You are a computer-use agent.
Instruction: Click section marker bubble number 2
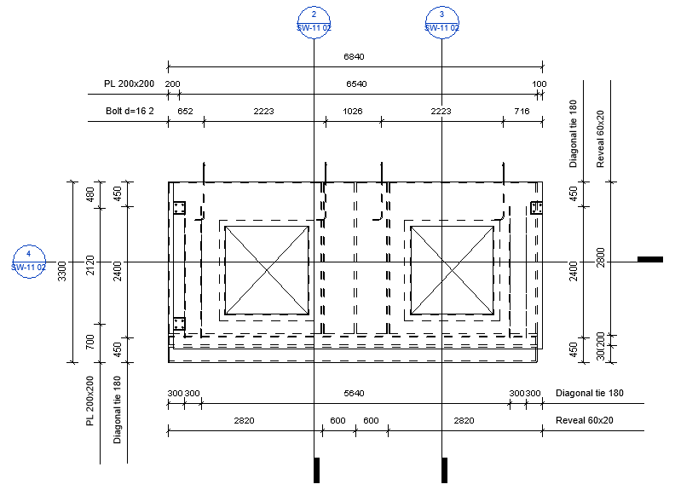click(314, 22)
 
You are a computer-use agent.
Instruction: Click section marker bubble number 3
click(441, 22)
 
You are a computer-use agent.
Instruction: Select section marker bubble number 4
click(29, 262)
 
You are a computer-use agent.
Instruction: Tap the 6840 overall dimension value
click(354, 56)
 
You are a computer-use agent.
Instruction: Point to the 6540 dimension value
click(356, 84)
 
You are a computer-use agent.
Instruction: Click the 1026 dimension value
click(353, 111)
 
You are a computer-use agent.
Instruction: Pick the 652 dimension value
click(185, 111)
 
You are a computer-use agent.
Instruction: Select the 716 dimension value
click(522, 111)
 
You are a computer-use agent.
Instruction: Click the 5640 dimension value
click(354, 393)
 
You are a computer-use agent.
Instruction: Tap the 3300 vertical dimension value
click(62, 271)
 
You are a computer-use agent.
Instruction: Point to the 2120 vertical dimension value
click(90, 266)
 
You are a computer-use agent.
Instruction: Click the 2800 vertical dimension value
click(601, 257)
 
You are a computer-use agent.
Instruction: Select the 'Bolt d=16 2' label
click(130, 111)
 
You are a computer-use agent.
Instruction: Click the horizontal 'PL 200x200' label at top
click(130, 84)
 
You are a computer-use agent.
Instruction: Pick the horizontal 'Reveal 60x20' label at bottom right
click(584, 420)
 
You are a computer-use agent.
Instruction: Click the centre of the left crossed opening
click(267, 270)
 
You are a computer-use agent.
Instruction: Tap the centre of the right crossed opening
click(452, 270)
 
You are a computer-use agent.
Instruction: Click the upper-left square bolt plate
click(180, 208)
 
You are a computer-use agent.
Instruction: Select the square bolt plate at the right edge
click(536, 208)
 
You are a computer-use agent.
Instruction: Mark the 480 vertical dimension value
click(90, 194)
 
